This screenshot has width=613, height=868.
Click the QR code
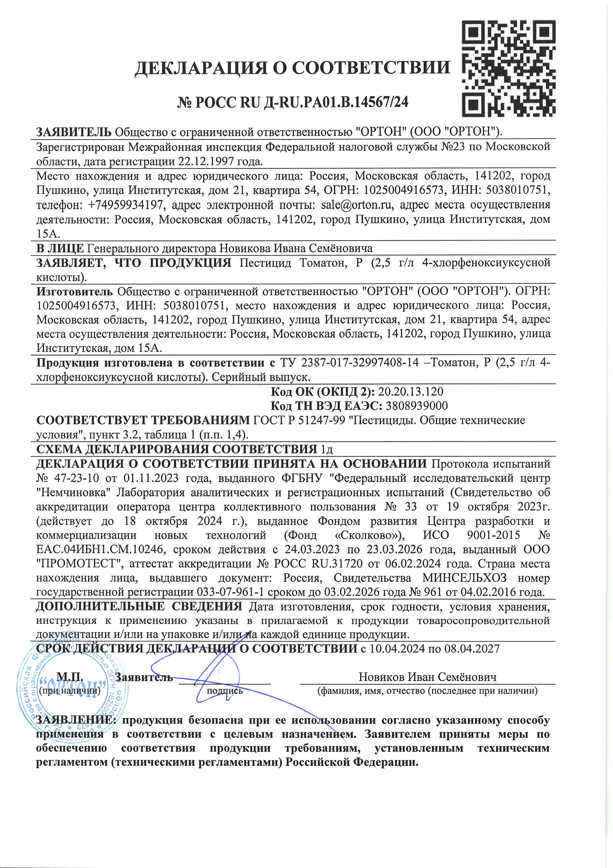click(509, 68)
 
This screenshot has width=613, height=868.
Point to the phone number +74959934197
click(126, 205)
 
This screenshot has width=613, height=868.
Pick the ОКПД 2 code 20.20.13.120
click(411, 391)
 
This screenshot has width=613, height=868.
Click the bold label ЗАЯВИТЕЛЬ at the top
click(74, 132)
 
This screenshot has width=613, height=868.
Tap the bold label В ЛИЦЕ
click(60, 248)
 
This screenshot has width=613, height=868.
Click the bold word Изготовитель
click(75, 291)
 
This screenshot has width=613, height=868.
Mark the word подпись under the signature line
click(225, 691)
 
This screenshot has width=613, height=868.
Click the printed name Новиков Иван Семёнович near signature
click(428, 677)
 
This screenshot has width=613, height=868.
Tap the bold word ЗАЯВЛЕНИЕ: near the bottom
click(75, 720)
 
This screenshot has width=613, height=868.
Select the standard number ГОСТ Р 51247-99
click(299, 420)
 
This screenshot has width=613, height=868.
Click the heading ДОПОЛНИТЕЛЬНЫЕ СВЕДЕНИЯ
click(139, 606)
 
